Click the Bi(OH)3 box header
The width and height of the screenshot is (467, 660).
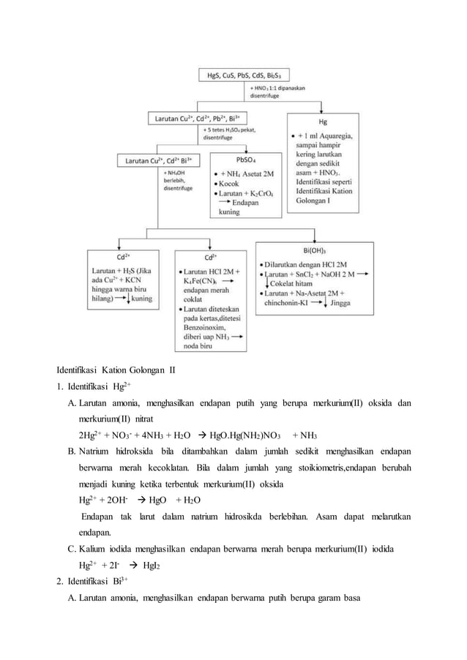tap(312, 250)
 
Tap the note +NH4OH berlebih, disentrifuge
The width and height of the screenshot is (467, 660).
tap(176, 180)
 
